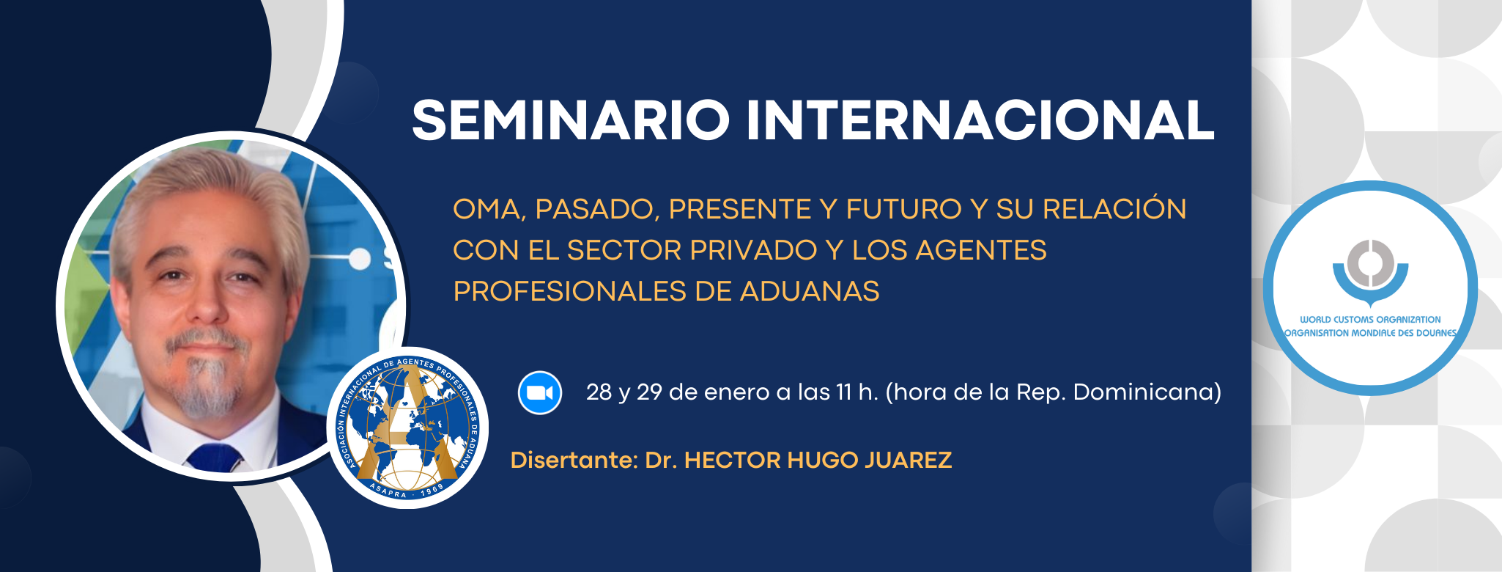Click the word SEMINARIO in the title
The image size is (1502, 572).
pos(571,120)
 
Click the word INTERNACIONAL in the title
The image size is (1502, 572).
pos(980,120)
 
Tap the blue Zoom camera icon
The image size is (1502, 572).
pos(540,393)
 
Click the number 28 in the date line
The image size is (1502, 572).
pos(599,392)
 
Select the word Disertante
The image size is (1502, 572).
pos(574,461)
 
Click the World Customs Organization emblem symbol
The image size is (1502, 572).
pos(1370,271)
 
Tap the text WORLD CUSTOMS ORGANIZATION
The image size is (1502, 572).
pos(1370,320)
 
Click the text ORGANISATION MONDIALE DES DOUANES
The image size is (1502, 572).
pos(1370,333)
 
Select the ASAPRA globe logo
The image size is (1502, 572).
pos(407,428)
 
